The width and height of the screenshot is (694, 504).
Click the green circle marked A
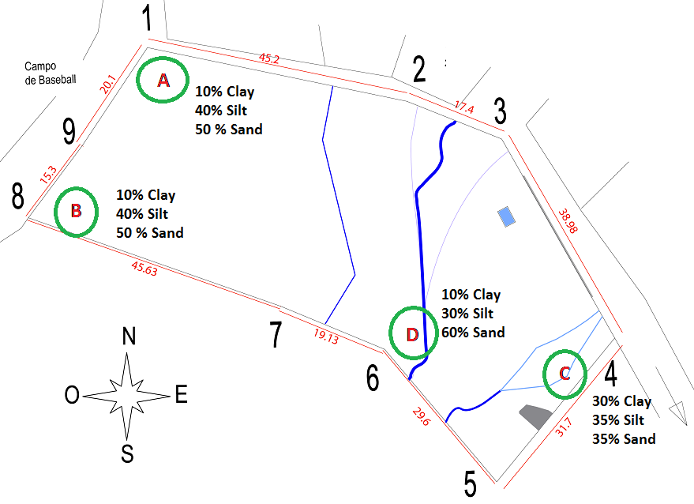(x=137, y=80)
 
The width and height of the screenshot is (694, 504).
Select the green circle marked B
(x=56, y=212)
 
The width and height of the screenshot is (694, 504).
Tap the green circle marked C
(x=545, y=374)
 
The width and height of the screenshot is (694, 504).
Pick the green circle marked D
(x=391, y=333)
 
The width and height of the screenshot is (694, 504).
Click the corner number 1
(x=148, y=17)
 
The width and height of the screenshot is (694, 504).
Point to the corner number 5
(x=470, y=483)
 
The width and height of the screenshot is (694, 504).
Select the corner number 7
(x=276, y=334)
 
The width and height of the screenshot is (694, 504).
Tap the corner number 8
(x=17, y=196)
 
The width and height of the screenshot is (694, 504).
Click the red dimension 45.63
(x=144, y=269)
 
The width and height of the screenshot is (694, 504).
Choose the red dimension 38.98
(x=568, y=220)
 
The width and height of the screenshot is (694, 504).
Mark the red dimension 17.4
(x=464, y=107)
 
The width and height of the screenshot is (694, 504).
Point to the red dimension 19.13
(x=326, y=337)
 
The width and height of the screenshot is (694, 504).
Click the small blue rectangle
(x=506, y=217)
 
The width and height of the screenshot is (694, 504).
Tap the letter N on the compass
(x=129, y=336)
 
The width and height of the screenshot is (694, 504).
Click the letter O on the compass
(x=72, y=395)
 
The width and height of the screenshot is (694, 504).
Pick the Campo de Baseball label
(x=50, y=73)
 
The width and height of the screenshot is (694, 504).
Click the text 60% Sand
(x=473, y=332)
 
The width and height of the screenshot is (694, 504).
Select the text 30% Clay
(x=622, y=401)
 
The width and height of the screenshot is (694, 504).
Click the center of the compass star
(x=127, y=396)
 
